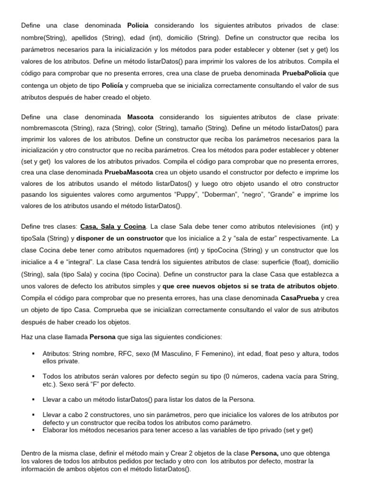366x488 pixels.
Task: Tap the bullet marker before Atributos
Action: pyautogui.click(x=33, y=354)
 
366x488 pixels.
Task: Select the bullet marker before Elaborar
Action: pyautogui.click(x=33, y=430)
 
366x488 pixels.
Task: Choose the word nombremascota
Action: pyautogui.click(x=44, y=128)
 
